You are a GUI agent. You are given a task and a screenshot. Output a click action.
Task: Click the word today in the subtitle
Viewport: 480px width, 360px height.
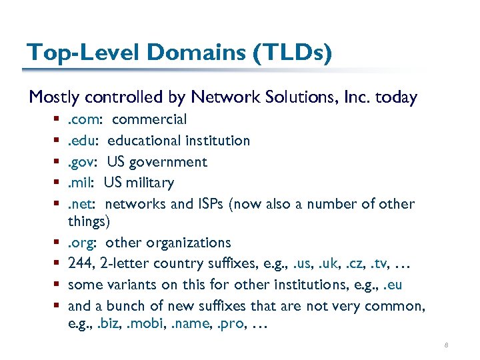pyautogui.click(x=396, y=97)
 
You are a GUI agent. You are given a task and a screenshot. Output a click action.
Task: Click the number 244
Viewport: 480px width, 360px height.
pyautogui.click(x=80, y=264)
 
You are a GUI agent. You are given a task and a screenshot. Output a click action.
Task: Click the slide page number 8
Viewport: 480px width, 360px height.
pyautogui.click(x=446, y=345)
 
